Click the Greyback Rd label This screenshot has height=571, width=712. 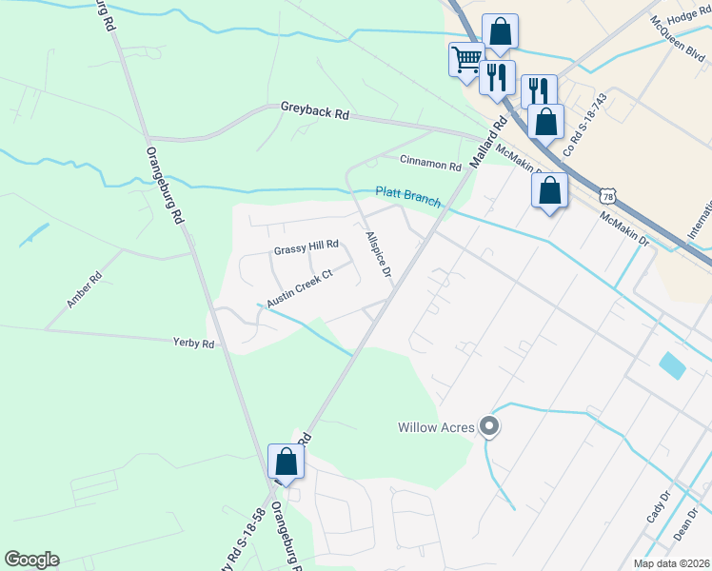(315, 111)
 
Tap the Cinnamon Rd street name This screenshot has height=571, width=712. (430, 164)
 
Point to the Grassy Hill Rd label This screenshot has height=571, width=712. (307, 246)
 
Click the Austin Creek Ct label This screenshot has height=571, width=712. (299, 288)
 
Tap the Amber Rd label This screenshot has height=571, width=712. (84, 291)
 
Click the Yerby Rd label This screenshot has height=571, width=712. (193, 343)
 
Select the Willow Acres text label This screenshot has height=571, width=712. (436, 427)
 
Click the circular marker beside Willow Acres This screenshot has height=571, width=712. (489, 427)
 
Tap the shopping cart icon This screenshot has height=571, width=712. (465, 58)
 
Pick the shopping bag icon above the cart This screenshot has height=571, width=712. (500, 30)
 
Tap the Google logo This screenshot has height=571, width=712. (31, 560)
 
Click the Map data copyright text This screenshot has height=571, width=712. (671, 563)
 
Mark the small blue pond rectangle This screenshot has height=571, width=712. (671, 365)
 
